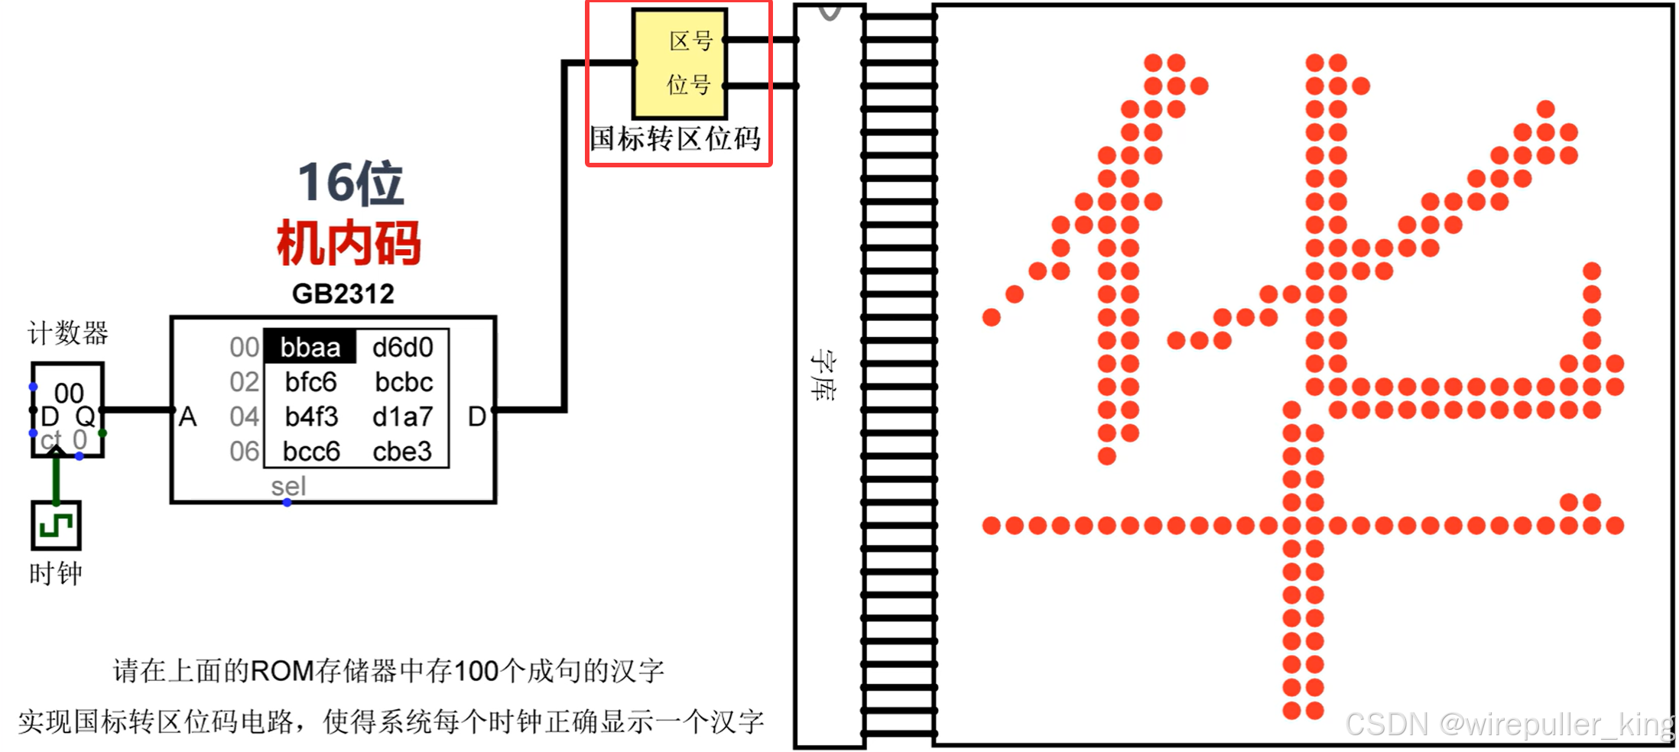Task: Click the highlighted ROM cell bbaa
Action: [310, 348]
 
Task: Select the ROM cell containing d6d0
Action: [403, 348]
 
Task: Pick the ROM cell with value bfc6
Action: [310, 382]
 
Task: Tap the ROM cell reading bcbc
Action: [404, 382]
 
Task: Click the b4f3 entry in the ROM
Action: [310, 417]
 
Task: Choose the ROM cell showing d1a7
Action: [403, 417]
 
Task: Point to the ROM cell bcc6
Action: [311, 452]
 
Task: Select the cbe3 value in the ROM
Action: [402, 452]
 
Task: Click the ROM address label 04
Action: [244, 417]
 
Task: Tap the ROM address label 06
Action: [244, 452]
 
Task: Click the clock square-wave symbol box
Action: [56, 526]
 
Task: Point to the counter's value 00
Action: [69, 394]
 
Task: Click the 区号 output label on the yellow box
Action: [690, 41]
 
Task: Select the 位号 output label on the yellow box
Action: [689, 84]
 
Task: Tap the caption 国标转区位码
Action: [675, 139]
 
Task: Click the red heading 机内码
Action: [349, 243]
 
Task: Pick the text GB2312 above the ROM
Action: [343, 294]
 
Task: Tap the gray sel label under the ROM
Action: [288, 486]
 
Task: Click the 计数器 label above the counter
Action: [68, 333]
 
